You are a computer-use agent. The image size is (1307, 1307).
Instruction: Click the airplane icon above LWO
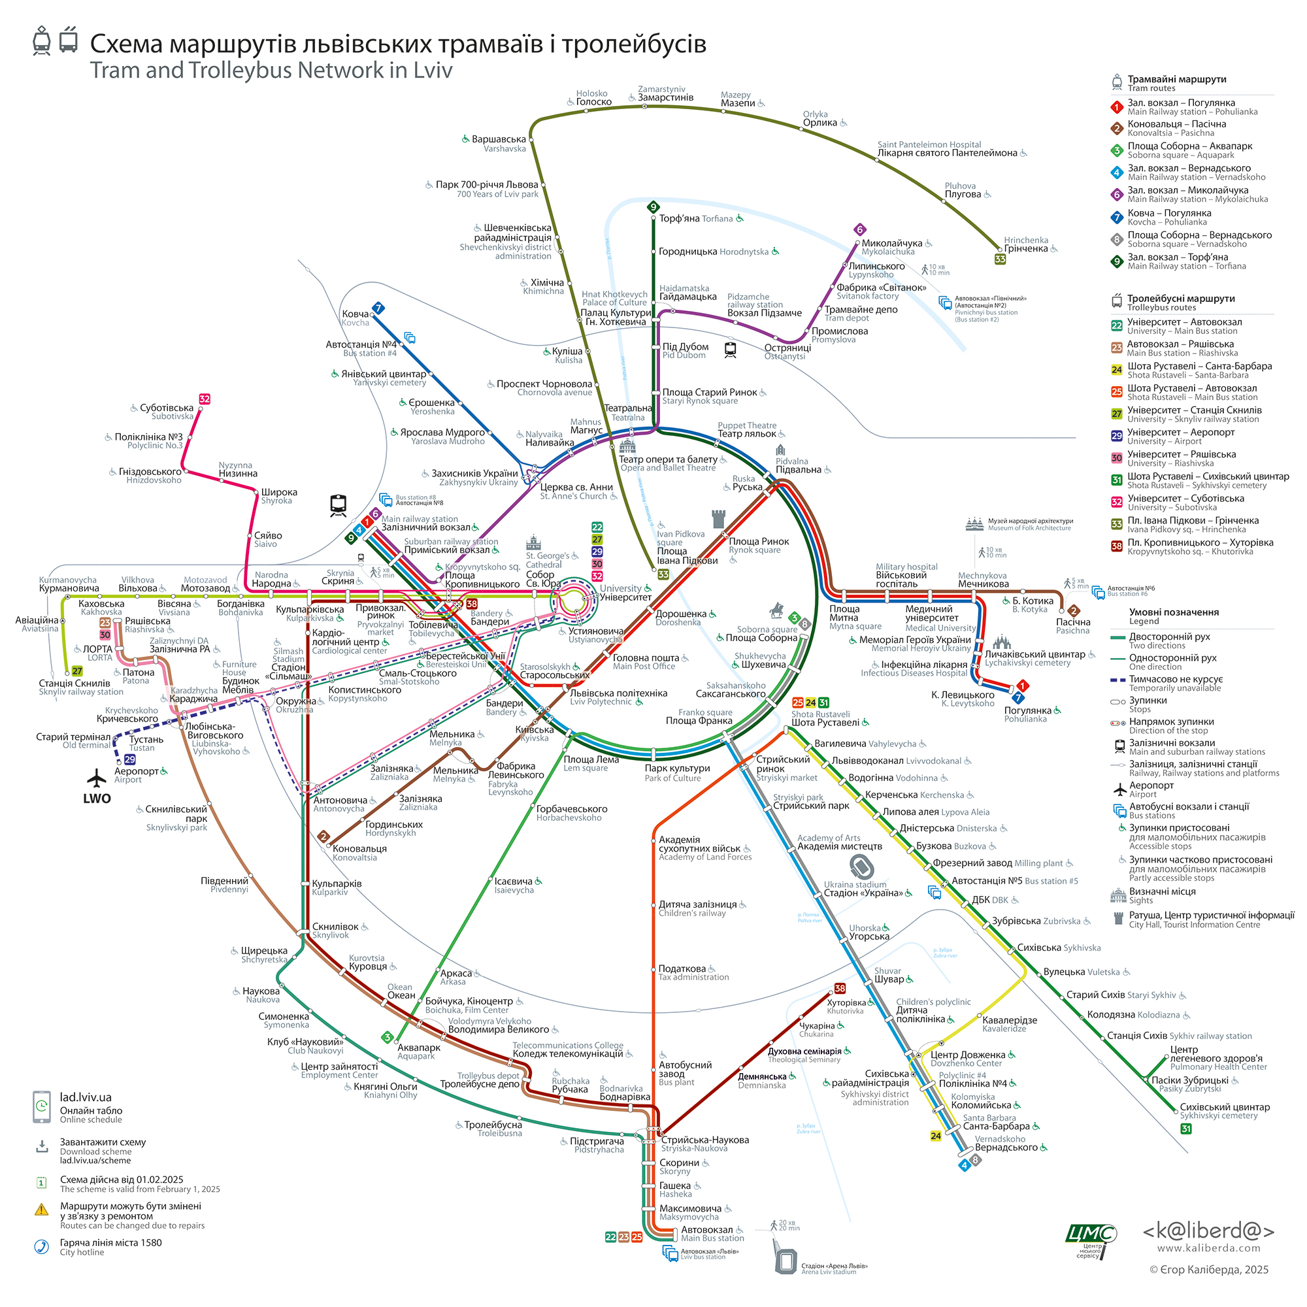tap(97, 778)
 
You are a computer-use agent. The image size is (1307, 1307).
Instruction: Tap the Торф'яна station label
tap(679, 218)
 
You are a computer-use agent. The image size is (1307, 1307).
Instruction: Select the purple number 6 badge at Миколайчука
tap(860, 229)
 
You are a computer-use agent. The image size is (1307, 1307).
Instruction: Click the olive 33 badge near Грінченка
tap(1000, 259)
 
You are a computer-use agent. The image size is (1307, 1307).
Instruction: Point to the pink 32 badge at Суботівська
tap(205, 399)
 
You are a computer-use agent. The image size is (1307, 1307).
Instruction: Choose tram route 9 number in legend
tap(1117, 262)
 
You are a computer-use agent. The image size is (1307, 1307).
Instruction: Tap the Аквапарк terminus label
tap(419, 1047)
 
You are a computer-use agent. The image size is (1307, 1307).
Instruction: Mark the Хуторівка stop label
tap(846, 1002)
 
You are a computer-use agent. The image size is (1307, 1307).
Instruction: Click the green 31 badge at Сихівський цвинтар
tap(1186, 1129)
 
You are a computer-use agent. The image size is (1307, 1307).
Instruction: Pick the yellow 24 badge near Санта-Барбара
tap(936, 1136)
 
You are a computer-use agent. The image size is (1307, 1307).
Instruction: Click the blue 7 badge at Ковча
tap(379, 308)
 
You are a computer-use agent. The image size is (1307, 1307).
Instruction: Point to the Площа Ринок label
tap(758, 541)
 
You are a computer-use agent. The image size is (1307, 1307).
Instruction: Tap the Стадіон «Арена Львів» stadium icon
tap(786, 1261)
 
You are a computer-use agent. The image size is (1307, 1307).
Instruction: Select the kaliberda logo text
tap(1208, 1231)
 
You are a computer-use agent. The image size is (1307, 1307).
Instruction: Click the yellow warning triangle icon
tap(42, 1210)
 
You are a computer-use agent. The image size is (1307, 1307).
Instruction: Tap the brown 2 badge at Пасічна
tap(1074, 611)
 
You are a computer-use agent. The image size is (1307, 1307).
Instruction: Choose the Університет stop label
tap(625, 597)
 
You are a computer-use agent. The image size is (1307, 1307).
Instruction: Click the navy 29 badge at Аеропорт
tap(130, 760)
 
